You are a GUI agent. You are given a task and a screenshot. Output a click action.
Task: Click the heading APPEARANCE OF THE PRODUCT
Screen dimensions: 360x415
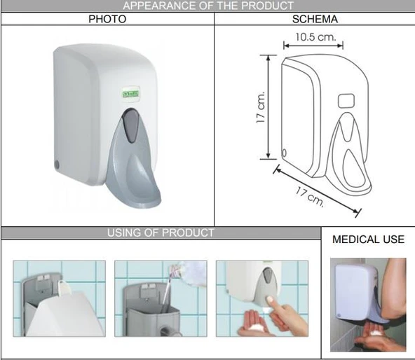(207, 6)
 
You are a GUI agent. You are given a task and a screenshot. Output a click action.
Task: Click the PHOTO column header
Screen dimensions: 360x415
(107, 20)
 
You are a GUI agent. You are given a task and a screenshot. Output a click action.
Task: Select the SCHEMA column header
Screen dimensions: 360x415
(315, 20)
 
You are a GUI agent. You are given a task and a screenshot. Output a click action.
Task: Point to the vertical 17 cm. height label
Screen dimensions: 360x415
(261, 108)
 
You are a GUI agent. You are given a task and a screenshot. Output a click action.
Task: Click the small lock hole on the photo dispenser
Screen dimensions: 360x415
(57, 165)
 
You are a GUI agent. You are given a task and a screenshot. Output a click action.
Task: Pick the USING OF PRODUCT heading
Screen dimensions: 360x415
(161, 233)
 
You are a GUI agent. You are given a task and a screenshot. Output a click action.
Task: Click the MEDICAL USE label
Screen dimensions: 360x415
(368, 240)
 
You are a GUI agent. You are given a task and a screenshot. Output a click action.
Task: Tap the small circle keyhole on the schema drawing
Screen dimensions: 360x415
(285, 153)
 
